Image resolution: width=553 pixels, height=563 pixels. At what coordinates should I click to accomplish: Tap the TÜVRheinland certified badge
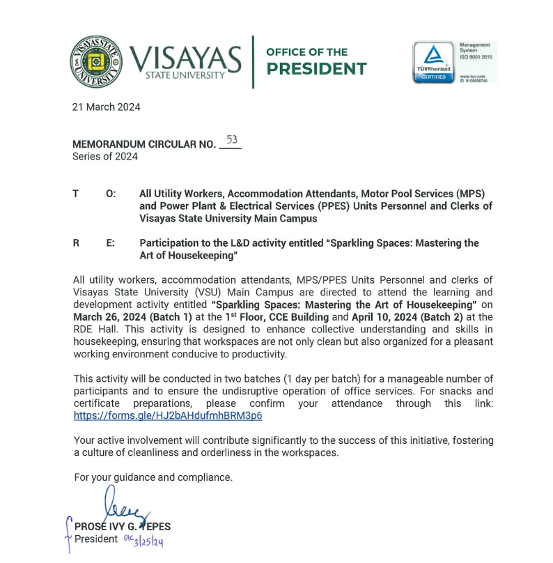(x=433, y=62)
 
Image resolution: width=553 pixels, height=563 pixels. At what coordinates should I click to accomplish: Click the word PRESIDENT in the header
(x=317, y=69)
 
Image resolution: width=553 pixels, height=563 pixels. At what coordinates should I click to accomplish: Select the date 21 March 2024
(x=107, y=107)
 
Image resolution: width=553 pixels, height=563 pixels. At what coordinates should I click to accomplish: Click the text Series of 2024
(x=105, y=157)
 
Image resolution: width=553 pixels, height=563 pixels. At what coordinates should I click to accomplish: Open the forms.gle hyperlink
(x=168, y=416)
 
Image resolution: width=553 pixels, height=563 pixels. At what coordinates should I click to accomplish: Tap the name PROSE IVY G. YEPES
(x=123, y=527)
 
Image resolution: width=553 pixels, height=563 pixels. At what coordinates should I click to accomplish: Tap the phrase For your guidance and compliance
(x=153, y=477)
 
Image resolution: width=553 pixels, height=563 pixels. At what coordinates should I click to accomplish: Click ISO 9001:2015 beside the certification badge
(x=475, y=57)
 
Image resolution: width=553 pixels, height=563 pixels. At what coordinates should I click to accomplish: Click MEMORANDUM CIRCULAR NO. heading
(x=144, y=145)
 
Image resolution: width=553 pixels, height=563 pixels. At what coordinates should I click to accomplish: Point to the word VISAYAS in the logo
(x=186, y=57)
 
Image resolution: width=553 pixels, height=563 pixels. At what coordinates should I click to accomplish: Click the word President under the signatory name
(x=96, y=539)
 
